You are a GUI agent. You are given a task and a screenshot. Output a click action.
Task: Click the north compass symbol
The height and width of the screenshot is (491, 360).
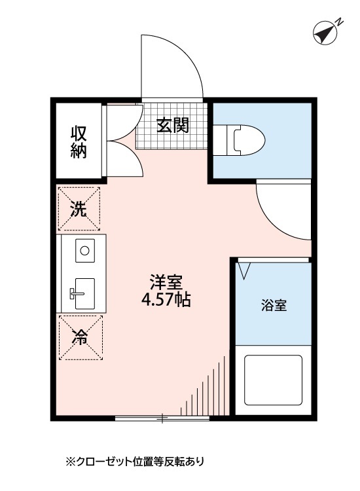tap(323, 33)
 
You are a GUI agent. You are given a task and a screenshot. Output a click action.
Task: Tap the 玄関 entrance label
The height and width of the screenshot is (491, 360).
tap(172, 124)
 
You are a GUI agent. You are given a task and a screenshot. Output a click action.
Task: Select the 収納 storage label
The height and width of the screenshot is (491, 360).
tap(79, 141)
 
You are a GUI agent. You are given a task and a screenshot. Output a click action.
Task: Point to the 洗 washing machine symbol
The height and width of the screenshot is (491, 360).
tap(80, 209)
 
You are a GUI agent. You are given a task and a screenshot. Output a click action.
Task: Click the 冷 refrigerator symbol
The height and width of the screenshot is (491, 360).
tap(80, 338)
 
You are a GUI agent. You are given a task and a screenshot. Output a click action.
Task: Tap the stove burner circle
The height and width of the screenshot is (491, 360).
tap(84, 249)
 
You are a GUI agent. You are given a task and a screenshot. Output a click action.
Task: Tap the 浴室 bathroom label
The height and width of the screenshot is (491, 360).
tap(274, 305)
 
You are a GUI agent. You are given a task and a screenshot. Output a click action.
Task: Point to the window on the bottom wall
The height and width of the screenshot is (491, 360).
tap(162, 418)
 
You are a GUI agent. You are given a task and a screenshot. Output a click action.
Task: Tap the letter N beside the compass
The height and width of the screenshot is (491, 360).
tap(340, 22)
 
